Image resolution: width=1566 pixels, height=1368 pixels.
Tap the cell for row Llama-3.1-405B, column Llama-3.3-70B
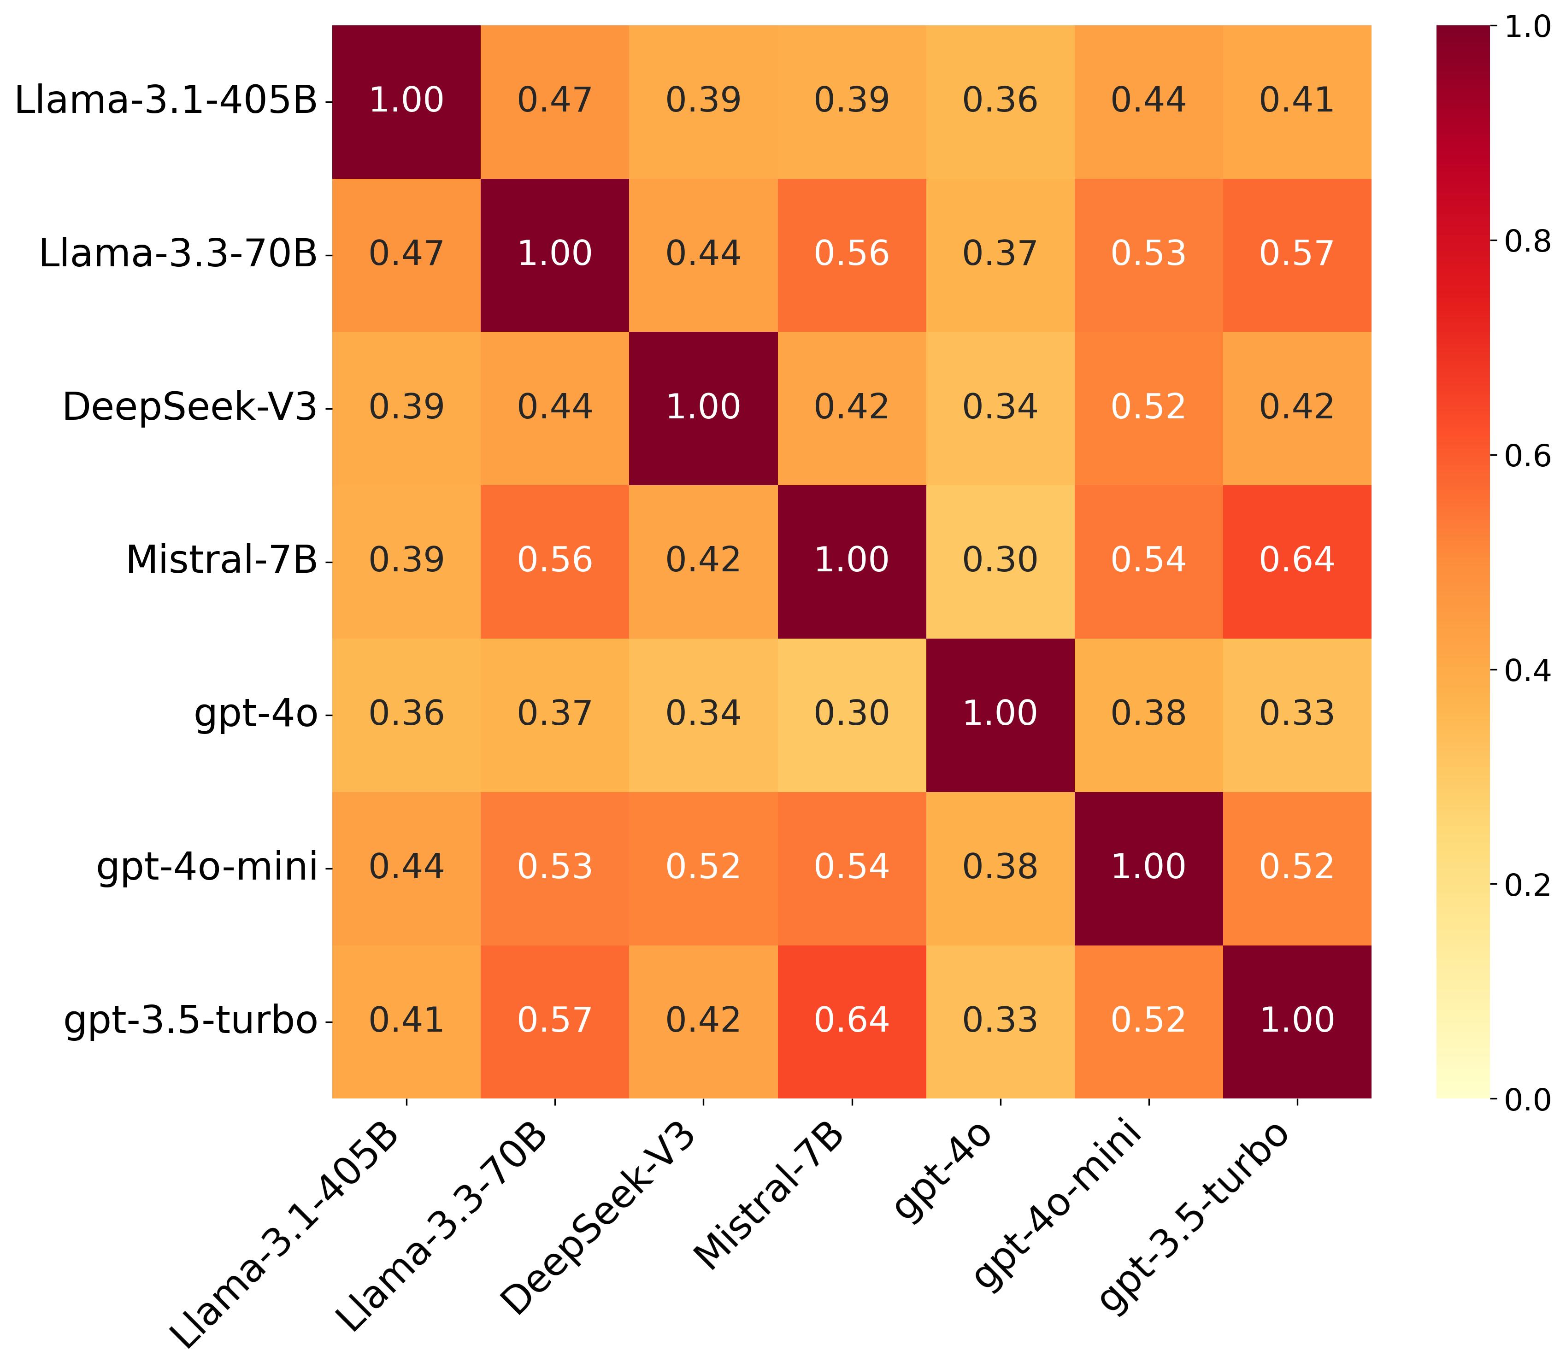coord(554,101)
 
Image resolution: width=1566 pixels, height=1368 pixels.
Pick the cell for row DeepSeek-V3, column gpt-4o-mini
coord(1148,408)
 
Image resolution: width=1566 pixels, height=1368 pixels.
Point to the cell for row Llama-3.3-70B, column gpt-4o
coord(1000,254)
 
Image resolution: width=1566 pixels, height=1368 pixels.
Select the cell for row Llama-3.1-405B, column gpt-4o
coord(1000,101)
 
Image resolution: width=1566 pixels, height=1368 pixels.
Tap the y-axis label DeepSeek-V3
coord(189,408)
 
